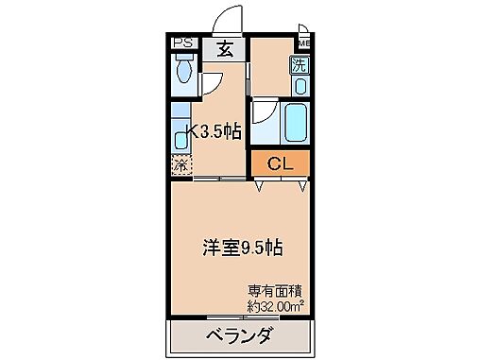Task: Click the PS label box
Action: (x=183, y=43)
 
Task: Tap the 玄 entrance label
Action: (x=226, y=51)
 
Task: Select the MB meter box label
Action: (x=304, y=43)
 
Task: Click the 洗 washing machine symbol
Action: (x=299, y=65)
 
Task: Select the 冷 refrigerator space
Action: (x=180, y=164)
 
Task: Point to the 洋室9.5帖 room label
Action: (x=243, y=248)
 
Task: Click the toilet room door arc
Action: (x=214, y=84)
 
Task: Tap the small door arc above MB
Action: (x=303, y=30)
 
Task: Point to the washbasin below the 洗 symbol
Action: (x=300, y=86)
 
